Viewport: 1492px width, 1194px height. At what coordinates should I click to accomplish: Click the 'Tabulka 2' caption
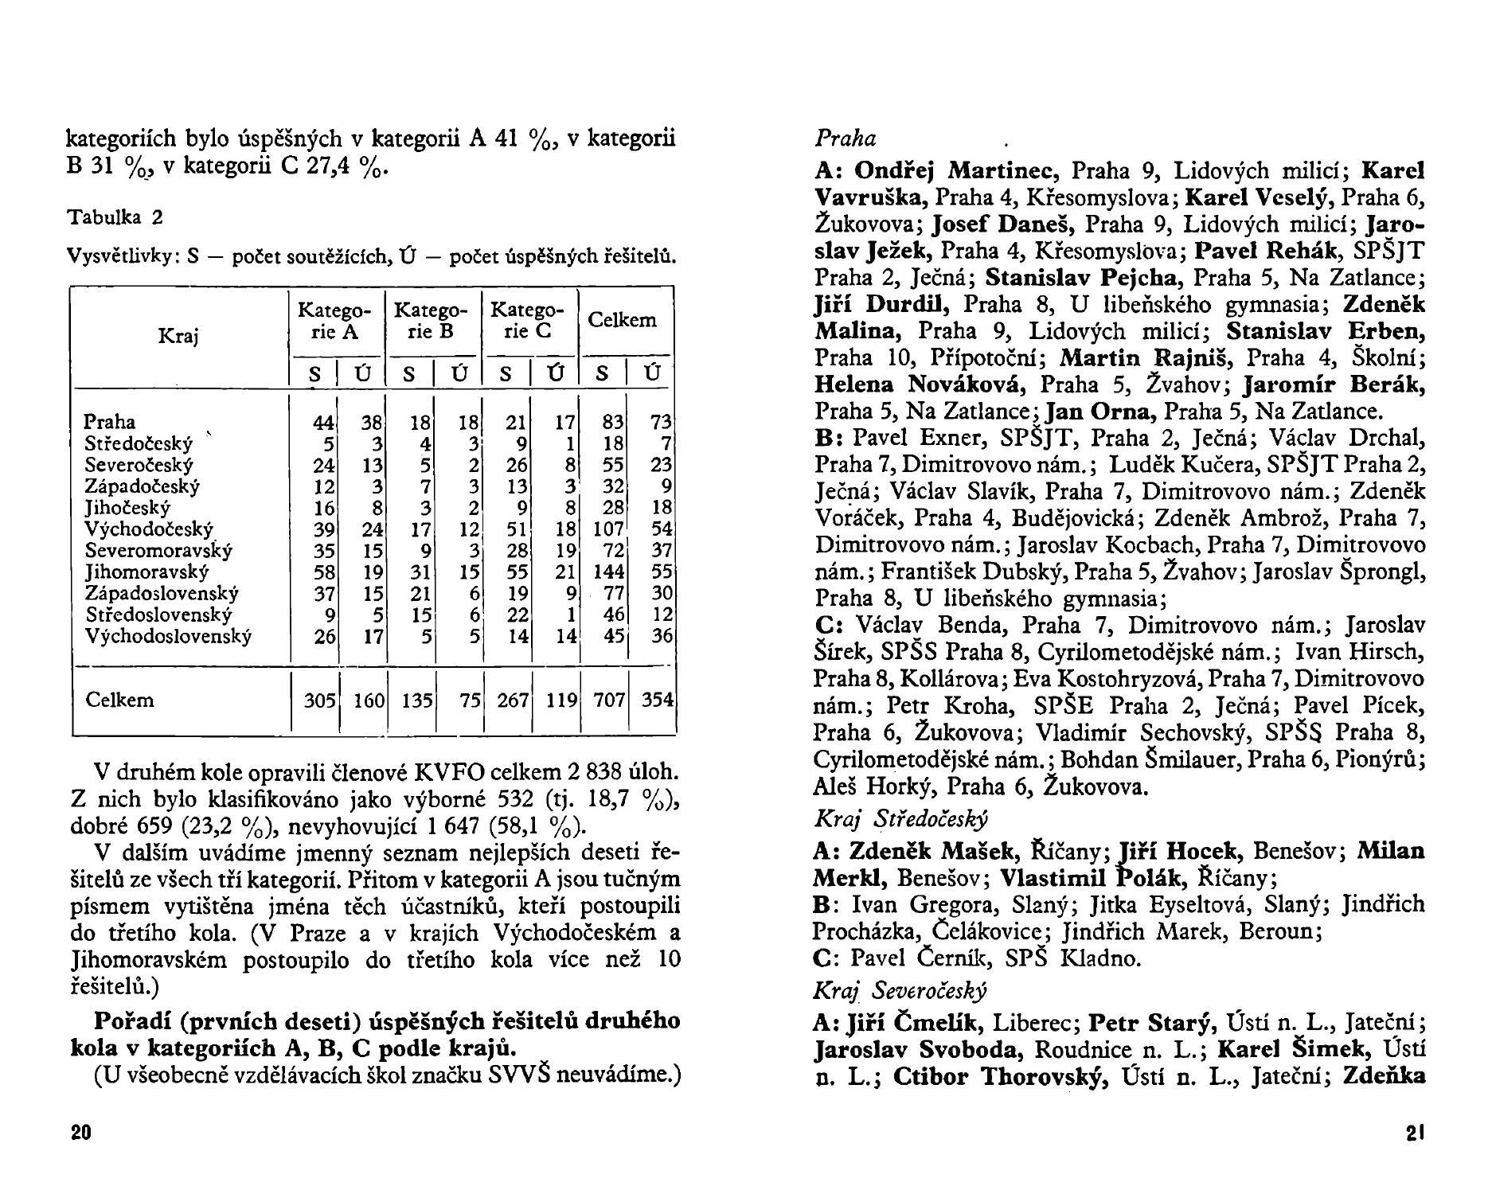point(115,217)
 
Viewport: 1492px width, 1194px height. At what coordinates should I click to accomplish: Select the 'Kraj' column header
point(178,336)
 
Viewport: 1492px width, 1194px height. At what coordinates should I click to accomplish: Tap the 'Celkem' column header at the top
point(622,320)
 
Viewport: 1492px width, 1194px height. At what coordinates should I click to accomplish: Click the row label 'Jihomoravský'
point(146,572)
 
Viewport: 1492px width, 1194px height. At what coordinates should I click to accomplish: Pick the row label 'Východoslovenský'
point(168,636)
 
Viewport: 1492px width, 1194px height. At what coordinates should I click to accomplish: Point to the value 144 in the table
point(610,572)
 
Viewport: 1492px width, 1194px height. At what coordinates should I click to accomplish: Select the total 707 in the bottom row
point(610,700)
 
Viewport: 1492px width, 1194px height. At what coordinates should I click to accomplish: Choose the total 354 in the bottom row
point(658,700)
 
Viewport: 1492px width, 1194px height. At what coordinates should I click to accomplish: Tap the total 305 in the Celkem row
point(320,700)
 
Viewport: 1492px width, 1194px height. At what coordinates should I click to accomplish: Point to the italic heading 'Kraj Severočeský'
point(900,991)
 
